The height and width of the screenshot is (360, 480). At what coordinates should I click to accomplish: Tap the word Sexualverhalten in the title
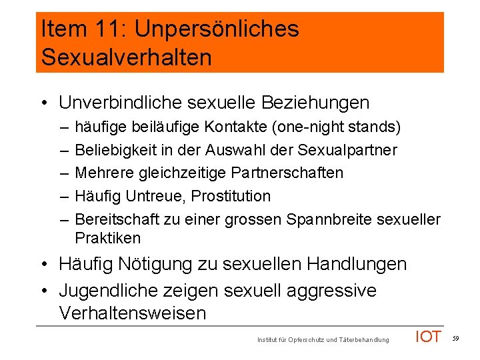127,57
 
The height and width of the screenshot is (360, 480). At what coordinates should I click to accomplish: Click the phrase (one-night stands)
340,127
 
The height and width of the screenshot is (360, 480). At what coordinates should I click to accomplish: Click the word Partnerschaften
287,173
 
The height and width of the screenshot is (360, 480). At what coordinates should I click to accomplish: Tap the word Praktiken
108,238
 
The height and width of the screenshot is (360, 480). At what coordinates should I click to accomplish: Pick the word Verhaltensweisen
133,313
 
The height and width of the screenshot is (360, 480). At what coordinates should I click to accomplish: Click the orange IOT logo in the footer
428,337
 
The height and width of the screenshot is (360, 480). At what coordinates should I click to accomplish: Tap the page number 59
455,339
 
